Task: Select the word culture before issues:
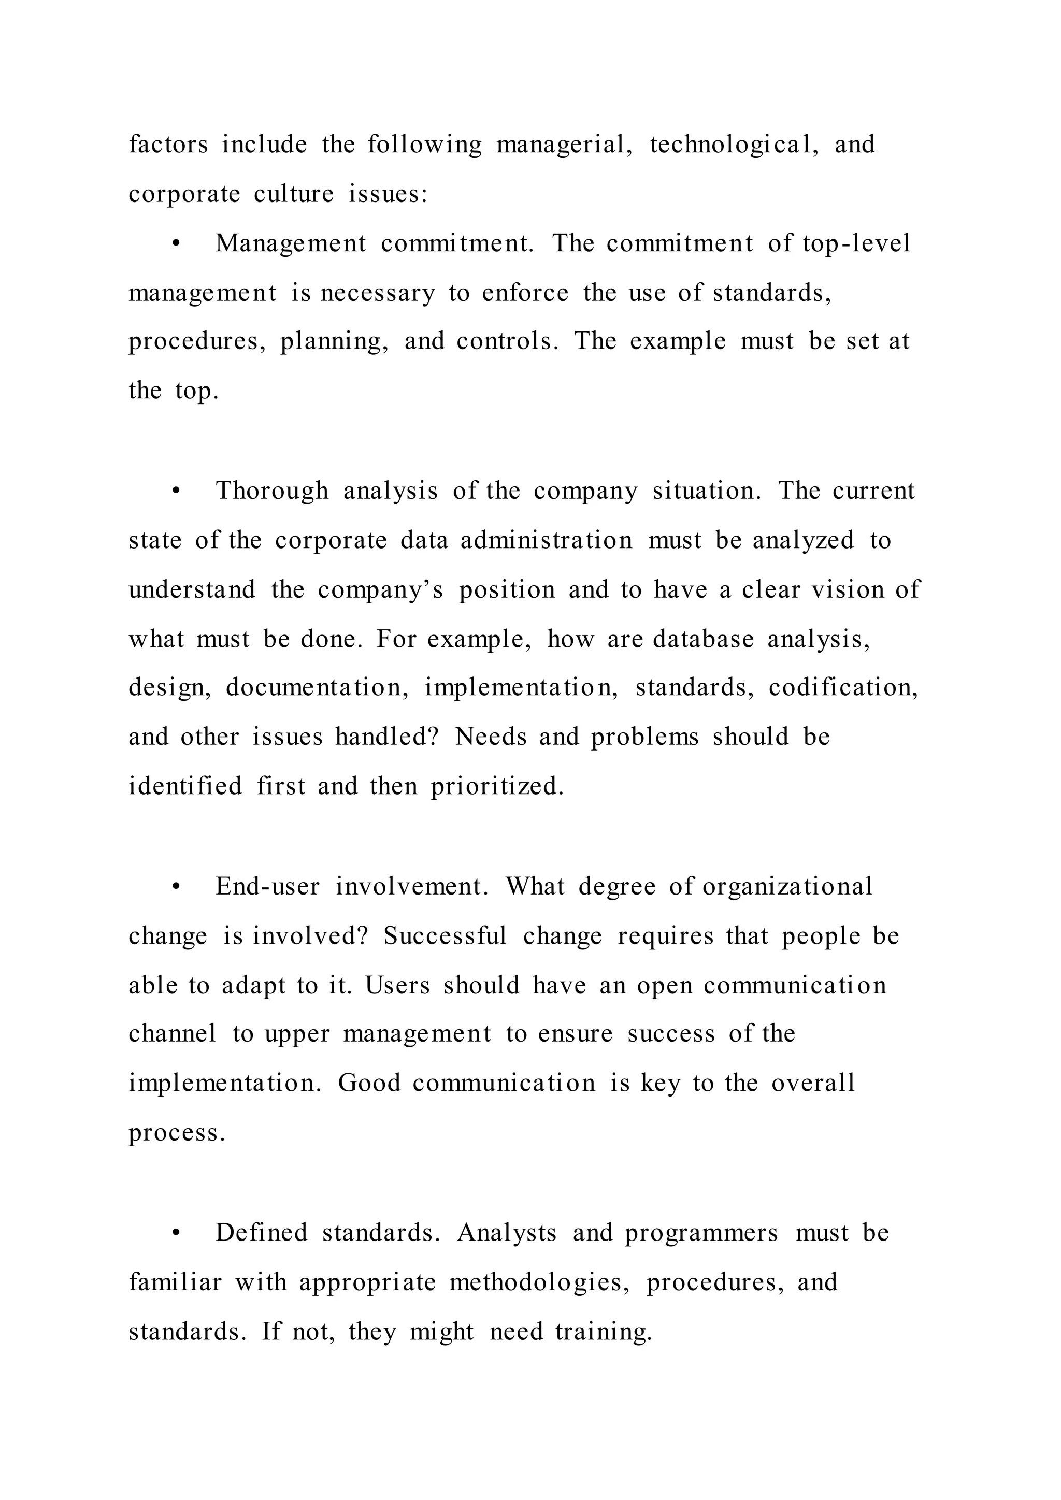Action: pos(293,194)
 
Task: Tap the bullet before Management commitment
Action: pos(175,243)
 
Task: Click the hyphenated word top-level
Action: pos(856,243)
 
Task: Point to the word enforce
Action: pos(525,293)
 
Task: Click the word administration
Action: pos(546,540)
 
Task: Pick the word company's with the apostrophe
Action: pos(380,590)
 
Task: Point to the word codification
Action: pos(843,688)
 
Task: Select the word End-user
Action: pos(268,887)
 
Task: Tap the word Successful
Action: pos(445,936)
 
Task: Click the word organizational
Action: pos(787,887)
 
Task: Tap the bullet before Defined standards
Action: pos(175,1233)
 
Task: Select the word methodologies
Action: pos(540,1282)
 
